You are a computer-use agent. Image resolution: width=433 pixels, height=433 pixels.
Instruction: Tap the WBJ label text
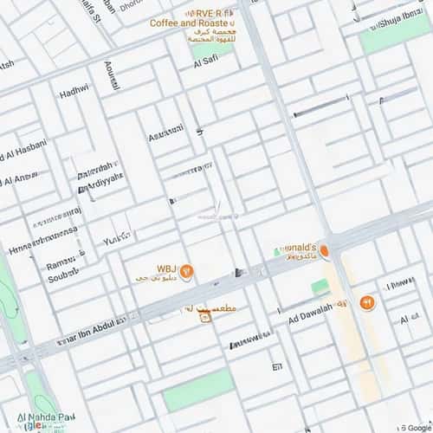point(166,268)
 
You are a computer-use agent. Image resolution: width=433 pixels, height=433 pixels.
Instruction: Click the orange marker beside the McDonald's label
point(324,251)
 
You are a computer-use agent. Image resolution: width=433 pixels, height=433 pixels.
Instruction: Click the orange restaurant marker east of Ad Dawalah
point(365,302)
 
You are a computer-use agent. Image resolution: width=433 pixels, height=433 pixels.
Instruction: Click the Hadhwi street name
point(74,92)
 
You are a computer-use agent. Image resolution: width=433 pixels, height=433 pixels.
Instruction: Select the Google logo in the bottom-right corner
point(417,427)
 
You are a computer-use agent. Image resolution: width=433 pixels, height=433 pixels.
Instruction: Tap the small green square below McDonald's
point(320,286)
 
